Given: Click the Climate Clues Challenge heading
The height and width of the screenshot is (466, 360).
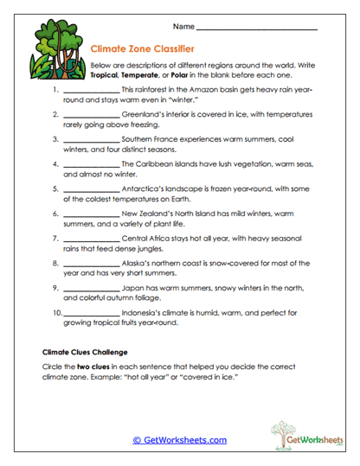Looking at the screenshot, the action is [85, 353].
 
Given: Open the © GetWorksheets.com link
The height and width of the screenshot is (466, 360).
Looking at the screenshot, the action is [179, 440].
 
